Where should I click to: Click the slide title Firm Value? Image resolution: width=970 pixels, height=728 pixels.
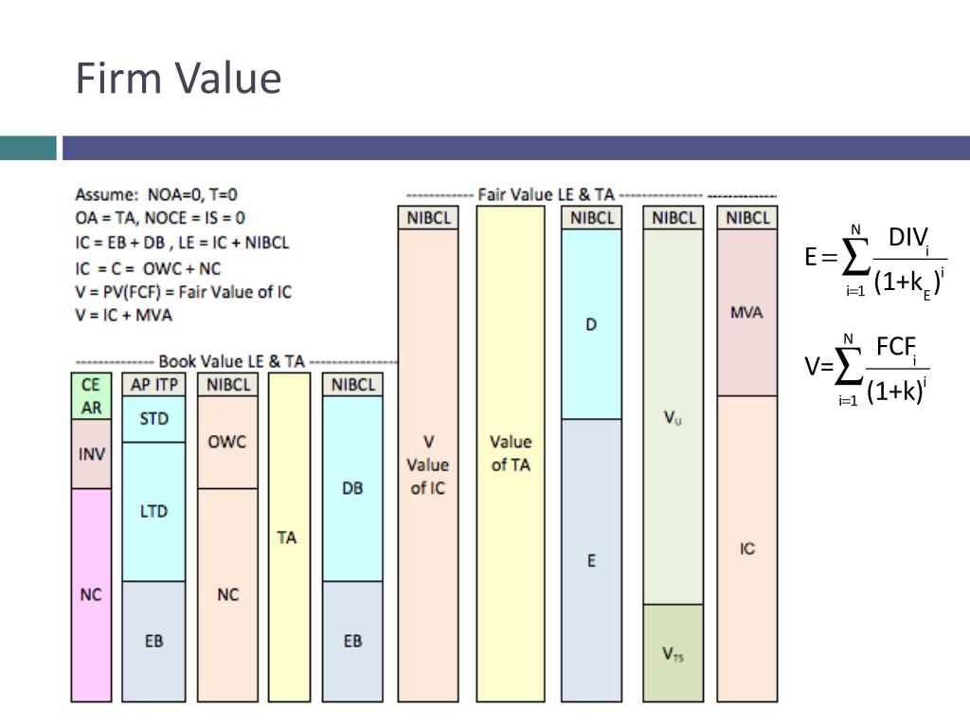click(x=178, y=78)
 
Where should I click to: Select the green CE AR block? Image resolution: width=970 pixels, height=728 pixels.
click(x=91, y=396)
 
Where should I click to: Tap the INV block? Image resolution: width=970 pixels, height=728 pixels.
click(x=91, y=454)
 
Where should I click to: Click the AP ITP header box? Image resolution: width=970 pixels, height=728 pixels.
click(x=153, y=385)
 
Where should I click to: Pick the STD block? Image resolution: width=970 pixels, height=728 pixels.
click(x=153, y=419)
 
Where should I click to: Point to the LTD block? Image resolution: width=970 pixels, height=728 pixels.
click(x=153, y=511)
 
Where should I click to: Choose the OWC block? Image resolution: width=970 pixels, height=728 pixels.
click(x=226, y=442)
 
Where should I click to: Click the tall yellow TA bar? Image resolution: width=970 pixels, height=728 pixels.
click(x=287, y=537)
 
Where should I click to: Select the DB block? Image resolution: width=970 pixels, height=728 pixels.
click(x=352, y=489)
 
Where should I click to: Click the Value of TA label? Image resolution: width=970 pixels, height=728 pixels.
click(x=510, y=453)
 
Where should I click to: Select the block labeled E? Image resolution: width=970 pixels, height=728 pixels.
click(x=591, y=560)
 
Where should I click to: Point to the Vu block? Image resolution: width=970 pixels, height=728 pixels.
click(x=672, y=417)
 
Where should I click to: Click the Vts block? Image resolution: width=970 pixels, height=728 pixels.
click(x=672, y=653)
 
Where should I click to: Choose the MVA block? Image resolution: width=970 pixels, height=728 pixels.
click(x=746, y=313)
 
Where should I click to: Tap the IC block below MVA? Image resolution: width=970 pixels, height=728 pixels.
click(x=746, y=549)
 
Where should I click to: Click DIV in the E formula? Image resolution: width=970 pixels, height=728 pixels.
click(x=907, y=239)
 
